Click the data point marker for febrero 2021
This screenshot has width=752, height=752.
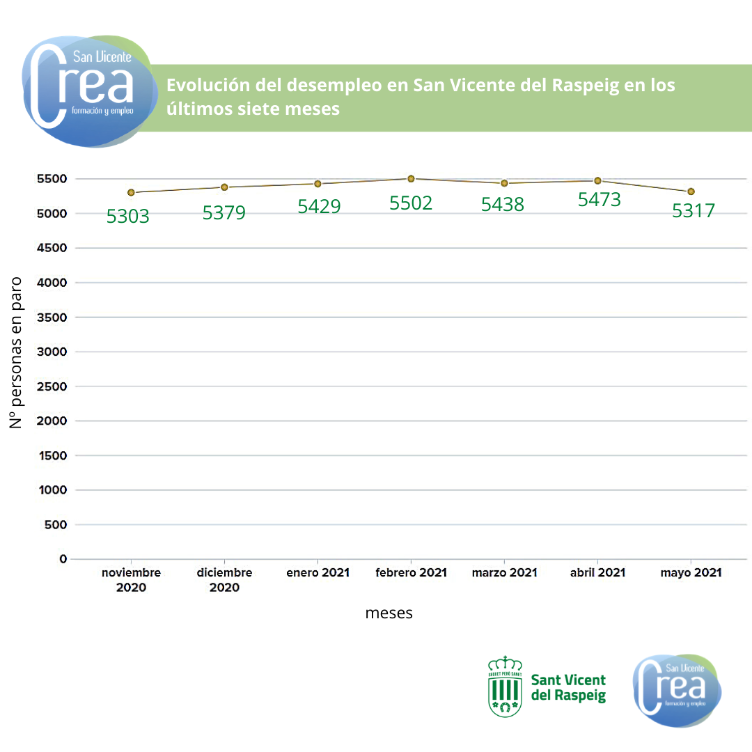point(411,179)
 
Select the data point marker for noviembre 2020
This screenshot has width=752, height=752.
point(131,193)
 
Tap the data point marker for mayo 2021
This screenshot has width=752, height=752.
point(691,191)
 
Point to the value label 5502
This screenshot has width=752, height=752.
point(411,203)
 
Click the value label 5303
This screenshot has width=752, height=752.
point(128,217)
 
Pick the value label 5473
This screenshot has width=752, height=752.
point(600,200)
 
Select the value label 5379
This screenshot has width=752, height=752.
point(224,213)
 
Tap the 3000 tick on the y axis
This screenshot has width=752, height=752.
point(53,352)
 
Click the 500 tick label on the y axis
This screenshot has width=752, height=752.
point(56,524)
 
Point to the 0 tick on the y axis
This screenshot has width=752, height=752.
point(63,558)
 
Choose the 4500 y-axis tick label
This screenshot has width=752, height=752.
point(53,248)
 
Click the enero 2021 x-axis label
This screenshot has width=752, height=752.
point(318,573)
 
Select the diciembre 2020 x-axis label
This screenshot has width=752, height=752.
point(224,580)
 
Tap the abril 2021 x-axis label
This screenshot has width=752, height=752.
point(597,573)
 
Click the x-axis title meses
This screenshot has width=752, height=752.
point(389,613)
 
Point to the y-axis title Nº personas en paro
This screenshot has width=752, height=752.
point(16,352)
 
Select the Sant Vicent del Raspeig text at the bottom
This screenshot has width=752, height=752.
point(568,688)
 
